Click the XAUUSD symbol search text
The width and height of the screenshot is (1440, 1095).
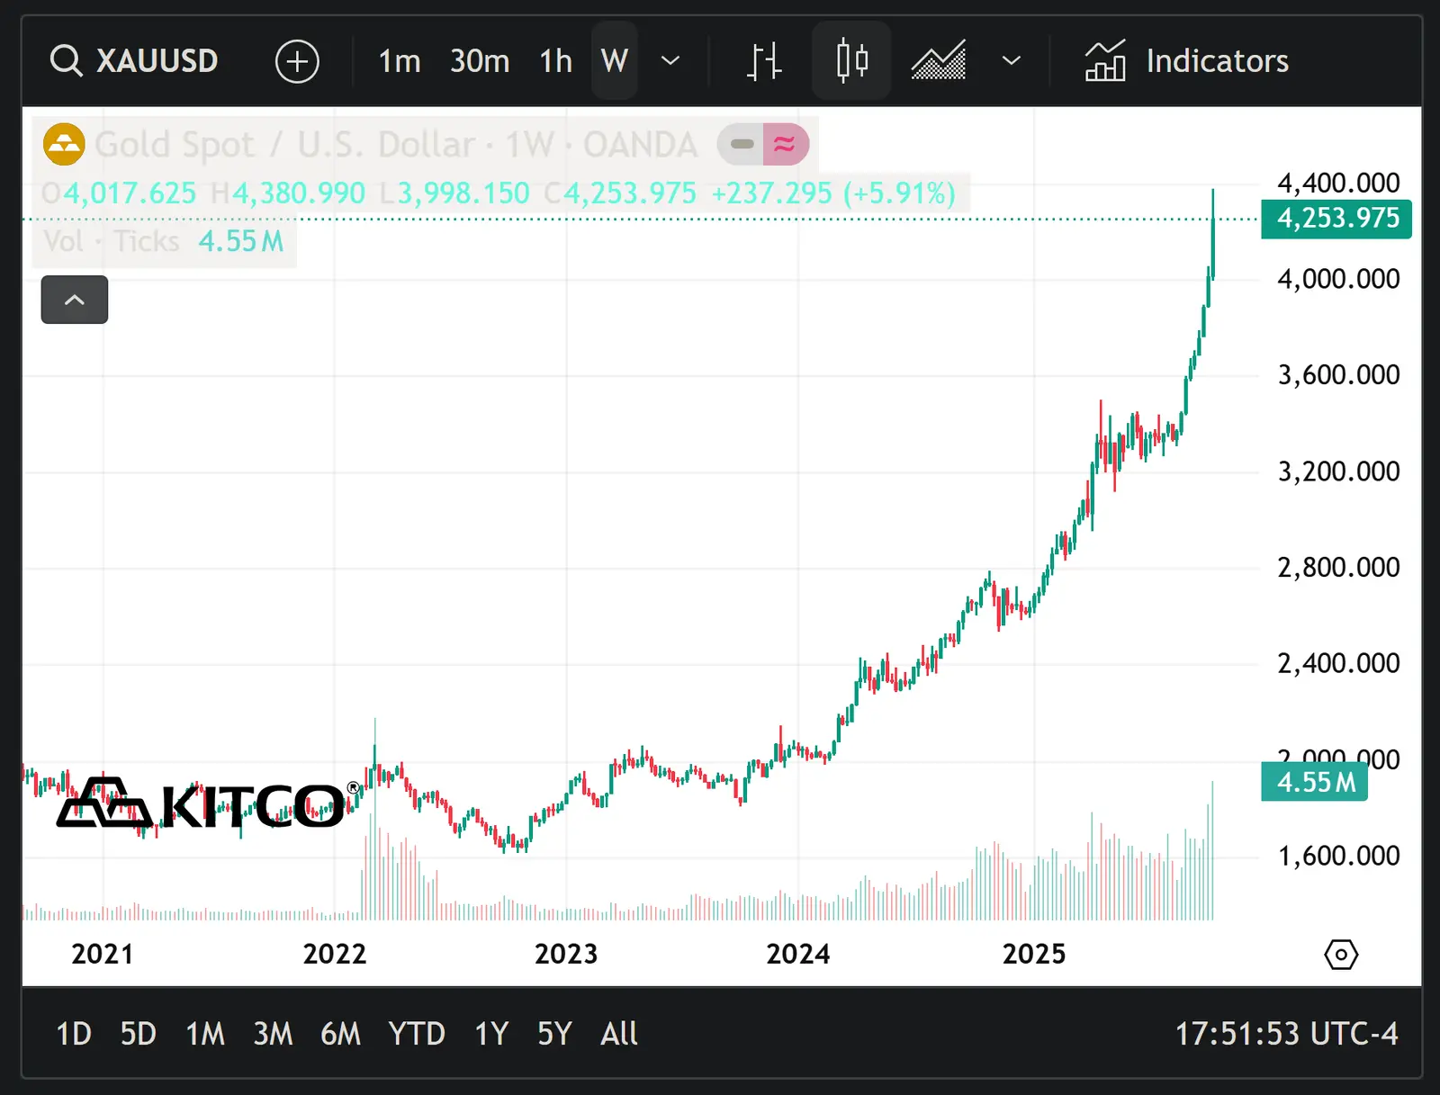coord(157,61)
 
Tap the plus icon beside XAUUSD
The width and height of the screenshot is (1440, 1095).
coord(297,61)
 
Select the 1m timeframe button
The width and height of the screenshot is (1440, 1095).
coord(400,61)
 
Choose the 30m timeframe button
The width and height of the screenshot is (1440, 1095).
coord(480,61)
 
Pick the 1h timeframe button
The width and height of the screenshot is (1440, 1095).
coord(555,61)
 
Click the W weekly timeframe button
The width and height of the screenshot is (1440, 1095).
coord(615,61)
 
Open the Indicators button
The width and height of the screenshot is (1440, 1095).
coord(1187,61)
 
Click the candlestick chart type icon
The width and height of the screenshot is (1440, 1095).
coord(851,61)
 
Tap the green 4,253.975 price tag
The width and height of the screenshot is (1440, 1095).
coord(1336,219)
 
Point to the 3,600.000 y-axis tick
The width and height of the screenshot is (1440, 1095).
coord(1338,374)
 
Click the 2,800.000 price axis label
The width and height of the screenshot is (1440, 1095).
coord(1338,567)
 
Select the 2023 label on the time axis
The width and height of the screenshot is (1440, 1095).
coord(566,954)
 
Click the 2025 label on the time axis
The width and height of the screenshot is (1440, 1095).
coord(1034,954)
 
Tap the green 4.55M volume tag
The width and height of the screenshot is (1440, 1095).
coord(1315,782)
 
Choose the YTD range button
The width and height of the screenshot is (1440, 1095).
coord(417,1034)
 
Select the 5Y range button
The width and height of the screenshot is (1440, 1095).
coord(554,1034)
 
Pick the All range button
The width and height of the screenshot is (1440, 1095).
coord(619,1034)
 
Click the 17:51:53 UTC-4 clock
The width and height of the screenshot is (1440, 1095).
coord(1286,1034)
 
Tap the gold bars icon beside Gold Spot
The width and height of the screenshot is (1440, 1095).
coord(64,144)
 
